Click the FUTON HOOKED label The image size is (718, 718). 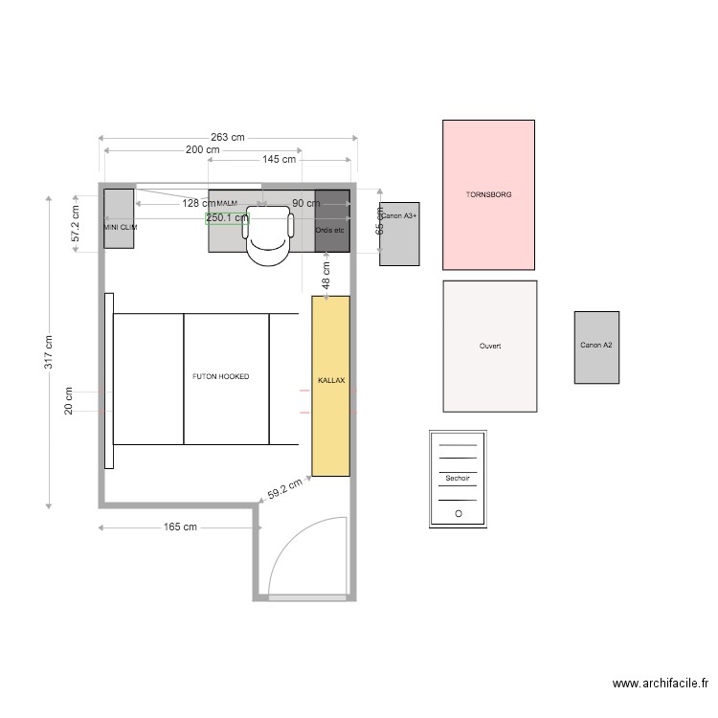pos(220,377)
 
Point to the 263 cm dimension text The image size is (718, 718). pos(227,139)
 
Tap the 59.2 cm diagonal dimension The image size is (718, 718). pos(284,488)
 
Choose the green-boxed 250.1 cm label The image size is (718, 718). pos(227,217)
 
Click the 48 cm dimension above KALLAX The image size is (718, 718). pos(325,277)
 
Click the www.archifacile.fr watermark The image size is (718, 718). pos(660,684)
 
